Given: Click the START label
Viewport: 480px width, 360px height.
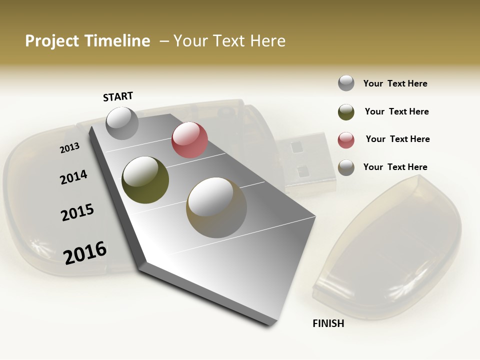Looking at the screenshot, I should coord(118,96).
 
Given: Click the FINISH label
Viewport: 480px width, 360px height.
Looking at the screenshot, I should coord(328,323).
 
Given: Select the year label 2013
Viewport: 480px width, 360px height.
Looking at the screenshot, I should coord(69,147).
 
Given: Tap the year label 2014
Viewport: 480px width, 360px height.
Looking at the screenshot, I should coord(73,177).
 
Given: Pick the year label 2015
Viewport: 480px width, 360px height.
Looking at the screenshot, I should coord(77,212).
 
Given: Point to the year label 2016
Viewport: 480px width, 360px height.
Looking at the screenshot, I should coord(85,252).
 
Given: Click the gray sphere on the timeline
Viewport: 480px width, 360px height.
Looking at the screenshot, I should coord(122,123).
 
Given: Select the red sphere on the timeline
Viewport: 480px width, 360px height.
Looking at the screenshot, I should coord(189,140).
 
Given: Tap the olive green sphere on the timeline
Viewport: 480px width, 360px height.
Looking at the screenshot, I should coord(145,180).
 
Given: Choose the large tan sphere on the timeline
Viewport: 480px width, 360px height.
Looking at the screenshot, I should coord(216,207).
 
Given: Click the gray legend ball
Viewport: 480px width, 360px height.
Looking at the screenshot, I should coord(346,83).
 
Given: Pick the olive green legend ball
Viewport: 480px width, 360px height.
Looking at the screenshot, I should coord(346,112).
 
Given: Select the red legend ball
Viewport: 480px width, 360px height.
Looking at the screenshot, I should coord(346,140).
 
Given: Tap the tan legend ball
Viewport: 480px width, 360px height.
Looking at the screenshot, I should coord(346,167).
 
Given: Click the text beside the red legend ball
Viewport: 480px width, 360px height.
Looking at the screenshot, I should coord(397,139).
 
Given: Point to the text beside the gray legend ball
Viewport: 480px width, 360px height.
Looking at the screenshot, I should coord(395,83).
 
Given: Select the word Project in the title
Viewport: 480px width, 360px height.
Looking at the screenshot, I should coord(52,41).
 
